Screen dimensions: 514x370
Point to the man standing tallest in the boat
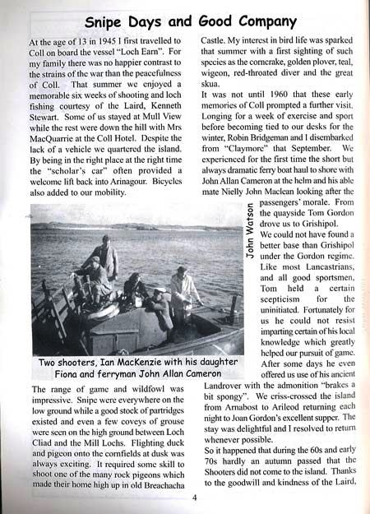click(x=106, y=257)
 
